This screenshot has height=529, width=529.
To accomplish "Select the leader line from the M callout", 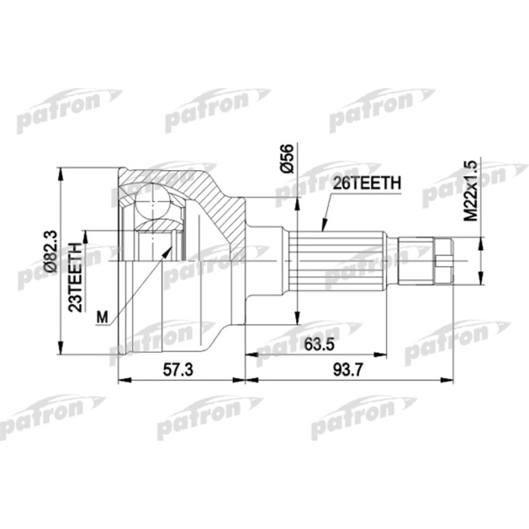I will [x=140, y=279].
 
